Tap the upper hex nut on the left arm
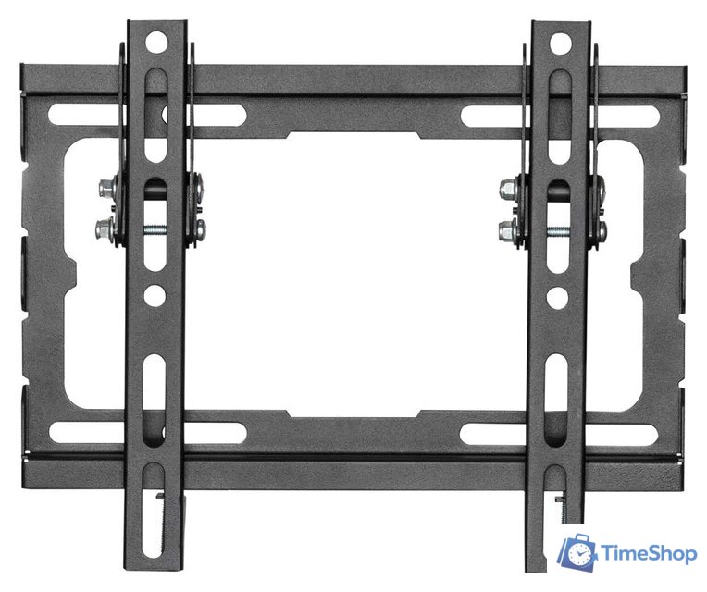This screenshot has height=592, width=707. pos(106,189)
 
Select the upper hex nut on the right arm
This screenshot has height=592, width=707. pos(508,190)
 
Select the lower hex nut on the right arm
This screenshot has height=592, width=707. pos(507,231)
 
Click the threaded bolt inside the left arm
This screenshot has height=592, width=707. pos(155,230)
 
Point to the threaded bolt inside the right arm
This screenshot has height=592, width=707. pos(558,232)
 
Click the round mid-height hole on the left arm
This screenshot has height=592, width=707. pos(155,296)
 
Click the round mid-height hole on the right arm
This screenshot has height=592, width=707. pos(557,298)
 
